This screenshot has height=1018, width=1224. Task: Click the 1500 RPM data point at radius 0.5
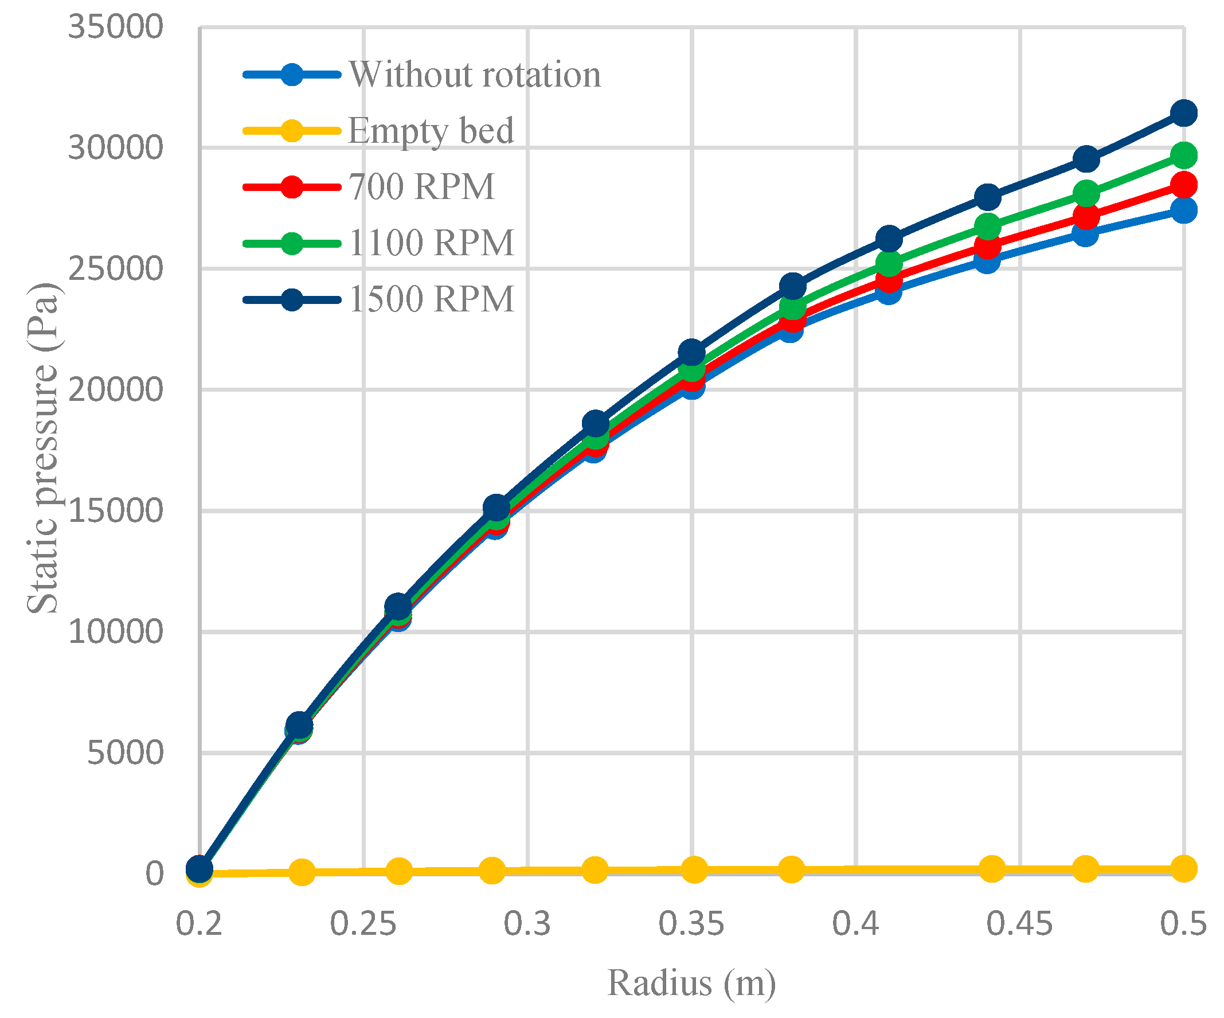(1184, 113)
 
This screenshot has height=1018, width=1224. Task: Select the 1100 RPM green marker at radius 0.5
(1184, 155)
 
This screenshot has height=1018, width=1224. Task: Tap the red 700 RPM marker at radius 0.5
(1184, 185)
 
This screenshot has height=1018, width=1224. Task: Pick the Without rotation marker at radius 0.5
(1184, 210)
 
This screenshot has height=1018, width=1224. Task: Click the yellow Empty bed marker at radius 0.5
(1184, 869)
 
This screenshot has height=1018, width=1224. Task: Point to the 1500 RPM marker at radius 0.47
(1086, 159)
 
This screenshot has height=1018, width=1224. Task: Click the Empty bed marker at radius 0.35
(694, 870)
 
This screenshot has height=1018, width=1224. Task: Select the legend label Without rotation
(475, 75)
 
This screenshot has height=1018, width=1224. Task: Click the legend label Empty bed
(431, 130)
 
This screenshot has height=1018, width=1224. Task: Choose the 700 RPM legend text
(421, 186)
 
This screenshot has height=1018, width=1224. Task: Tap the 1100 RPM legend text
(431, 243)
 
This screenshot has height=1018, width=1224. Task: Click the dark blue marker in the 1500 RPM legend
(291, 300)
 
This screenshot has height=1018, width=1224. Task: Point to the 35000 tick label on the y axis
(115, 27)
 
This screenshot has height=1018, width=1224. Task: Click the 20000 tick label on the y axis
(115, 389)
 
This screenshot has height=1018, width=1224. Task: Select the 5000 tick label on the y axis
(125, 752)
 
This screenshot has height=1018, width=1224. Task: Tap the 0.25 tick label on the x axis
(363, 924)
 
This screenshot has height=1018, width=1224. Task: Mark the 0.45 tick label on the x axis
(1019, 924)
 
